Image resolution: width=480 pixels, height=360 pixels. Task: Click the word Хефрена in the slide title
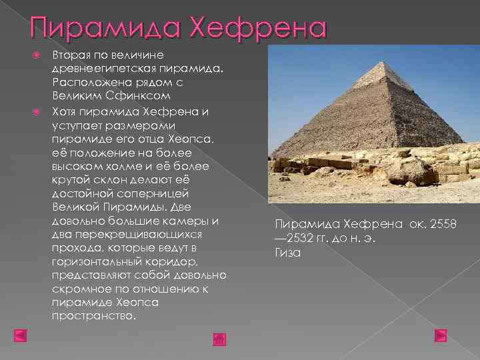click(x=259, y=29)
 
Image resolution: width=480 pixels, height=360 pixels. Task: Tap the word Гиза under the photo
click(x=287, y=252)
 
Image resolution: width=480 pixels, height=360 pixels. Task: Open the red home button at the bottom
click(x=220, y=339)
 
